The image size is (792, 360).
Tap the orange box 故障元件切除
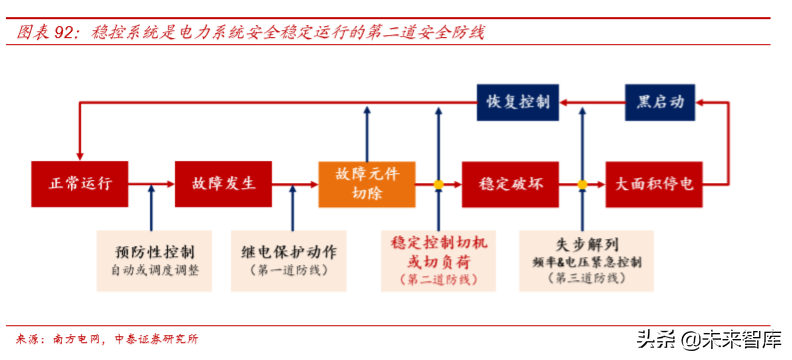point(367,184)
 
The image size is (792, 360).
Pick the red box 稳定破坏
point(510,184)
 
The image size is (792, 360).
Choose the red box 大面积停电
point(654,184)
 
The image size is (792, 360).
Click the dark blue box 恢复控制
point(517,102)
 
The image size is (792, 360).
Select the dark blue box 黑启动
point(661,102)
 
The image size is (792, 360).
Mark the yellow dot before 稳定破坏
point(438,184)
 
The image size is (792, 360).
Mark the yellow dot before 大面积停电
point(582,184)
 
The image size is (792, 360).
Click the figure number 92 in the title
point(65,33)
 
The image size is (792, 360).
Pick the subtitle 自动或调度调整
point(155,270)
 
